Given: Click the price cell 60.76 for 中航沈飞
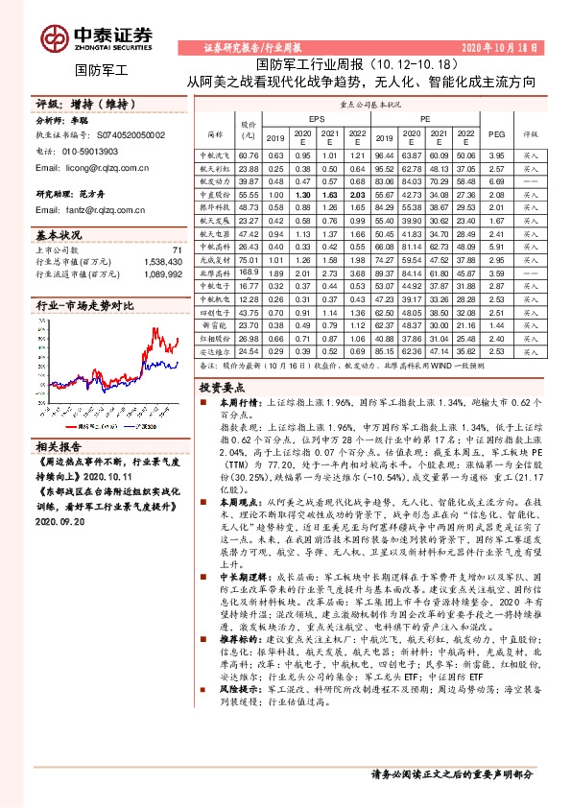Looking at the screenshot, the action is tap(249, 154).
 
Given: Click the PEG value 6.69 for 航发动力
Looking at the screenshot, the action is tap(495, 180).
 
